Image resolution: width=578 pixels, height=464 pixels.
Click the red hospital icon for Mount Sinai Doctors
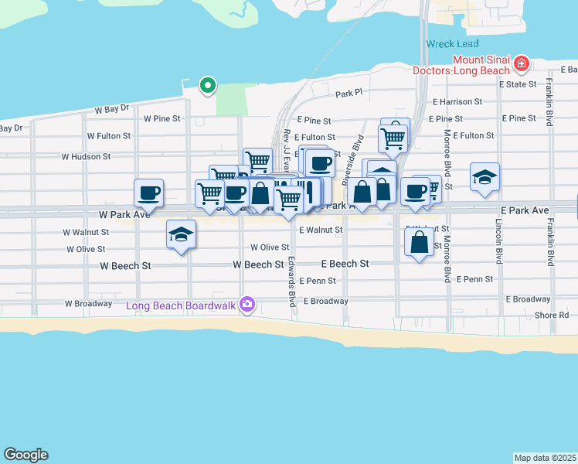522,63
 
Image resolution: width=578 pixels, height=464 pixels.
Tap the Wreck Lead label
452,44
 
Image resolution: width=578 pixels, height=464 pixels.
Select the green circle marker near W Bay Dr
207,85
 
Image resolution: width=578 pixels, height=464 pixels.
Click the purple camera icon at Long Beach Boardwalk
247,305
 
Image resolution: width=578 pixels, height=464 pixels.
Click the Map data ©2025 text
545,458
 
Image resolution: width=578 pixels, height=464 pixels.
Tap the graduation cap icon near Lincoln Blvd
484,177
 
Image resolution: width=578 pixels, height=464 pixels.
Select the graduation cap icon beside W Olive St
181,234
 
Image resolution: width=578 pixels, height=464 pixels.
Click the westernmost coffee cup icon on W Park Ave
149,192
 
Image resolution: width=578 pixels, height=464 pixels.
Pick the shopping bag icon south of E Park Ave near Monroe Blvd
419,243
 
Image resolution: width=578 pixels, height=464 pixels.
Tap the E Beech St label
344,264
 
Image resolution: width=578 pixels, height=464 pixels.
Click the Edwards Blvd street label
292,282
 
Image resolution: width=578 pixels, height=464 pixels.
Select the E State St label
518,84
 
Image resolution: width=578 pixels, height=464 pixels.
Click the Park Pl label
348,94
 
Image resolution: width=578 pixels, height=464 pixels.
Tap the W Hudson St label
87,156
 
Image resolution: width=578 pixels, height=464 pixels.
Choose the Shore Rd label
552,316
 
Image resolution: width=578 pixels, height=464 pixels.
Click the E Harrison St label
457,101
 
